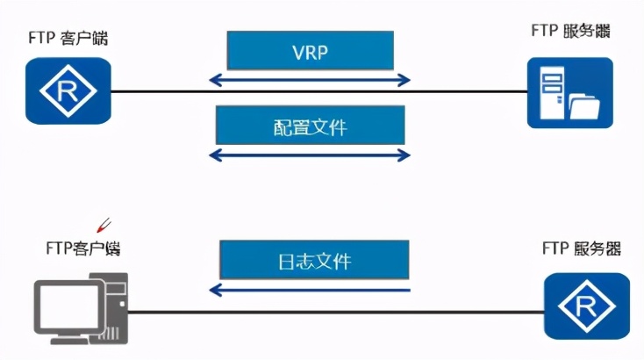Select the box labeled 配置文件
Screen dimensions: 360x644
pyautogui.click(x=310, y=127)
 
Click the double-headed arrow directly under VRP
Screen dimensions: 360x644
pyautogui.click(x=310, y=80)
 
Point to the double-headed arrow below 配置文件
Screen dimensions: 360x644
pyautogui.click(x=310, y=155)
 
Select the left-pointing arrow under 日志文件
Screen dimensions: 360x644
pyautogui.click(x=310, y=290)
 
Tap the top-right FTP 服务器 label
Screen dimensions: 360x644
pyautogui.click(x=570, y=31)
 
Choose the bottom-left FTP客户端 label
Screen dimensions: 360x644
pyautogui.click(x=82, y=248)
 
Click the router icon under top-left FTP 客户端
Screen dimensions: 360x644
pyautogui.click(x=68, y=90)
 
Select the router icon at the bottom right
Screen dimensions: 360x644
pyautogui.click(x=587, y=306)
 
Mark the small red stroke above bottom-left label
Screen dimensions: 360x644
pyautogui.click(x=104, y=225)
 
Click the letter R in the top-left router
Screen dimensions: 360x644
pyautogui.click(x=68, y=90)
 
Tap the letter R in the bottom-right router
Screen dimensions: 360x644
pyautogui.click(x=587, y=306)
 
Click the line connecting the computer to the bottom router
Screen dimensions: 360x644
pyautogui.click(x=333, y=312)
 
